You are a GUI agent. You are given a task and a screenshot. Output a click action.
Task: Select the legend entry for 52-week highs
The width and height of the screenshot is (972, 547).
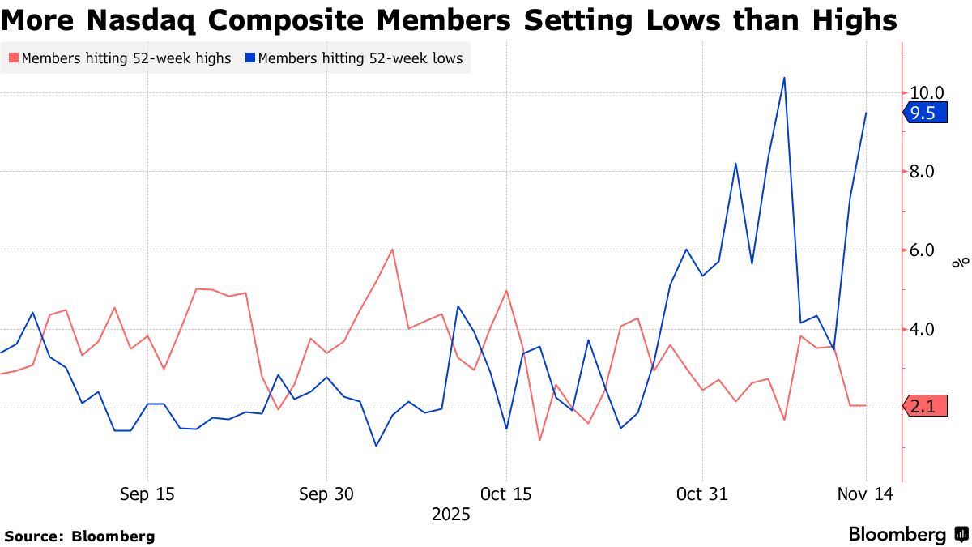click(126, 58)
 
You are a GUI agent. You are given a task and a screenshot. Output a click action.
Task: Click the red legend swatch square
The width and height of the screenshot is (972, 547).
click(13, 58)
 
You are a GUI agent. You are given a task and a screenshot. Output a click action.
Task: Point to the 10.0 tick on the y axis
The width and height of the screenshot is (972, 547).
click(927, 93)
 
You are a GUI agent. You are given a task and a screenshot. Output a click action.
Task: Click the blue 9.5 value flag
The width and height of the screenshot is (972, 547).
click(923, 113)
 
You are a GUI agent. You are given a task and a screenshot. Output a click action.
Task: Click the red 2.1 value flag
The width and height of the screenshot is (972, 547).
click(923, 408)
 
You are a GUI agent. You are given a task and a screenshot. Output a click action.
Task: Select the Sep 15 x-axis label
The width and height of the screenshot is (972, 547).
click(147, 494)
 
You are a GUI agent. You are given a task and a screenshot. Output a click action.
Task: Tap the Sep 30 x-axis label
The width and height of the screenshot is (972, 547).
click(326, 494)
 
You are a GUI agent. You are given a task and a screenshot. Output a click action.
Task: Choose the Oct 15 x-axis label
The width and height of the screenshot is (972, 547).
click(505, 494)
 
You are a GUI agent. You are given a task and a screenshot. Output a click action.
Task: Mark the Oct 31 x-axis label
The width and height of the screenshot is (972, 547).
click(702, 494)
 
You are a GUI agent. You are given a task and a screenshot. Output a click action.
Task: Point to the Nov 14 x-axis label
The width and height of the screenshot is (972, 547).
click(866, 494)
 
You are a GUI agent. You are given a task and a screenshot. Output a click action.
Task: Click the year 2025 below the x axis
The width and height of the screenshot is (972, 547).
click(450, 515)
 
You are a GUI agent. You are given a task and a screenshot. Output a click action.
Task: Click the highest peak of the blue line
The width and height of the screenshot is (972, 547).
click(784, 78)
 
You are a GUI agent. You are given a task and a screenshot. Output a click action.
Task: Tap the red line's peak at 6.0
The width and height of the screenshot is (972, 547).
click(393, 250)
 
